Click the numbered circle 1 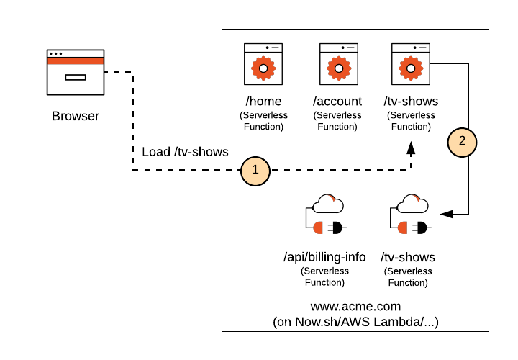pyautogui.click(x=255, y=171)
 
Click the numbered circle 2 pyautogui.click(x=462, y=141)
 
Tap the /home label pyautogui.click(x=263, y=102)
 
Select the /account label pyautogui.click(x=337, y=102)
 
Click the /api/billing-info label pyautogui.click(x=324, y=257)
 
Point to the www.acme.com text pyautogui.click(x=355, y=306)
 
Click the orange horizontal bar pyautogui.click(x=76, y=61)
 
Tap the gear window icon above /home pyautogui.click(x=263, y=64)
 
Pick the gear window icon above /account pyautogui.click(x=338, y=64)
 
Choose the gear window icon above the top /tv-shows pyautogui.click(x=410, y=64)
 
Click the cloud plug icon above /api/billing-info pyautogui.click(x=325, y=215)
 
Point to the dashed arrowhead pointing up pyautogui.click(x=411, y=149)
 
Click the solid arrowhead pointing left pyautogui.click(x=447, y=214)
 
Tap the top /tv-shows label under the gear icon pyautogui.click(x=411, y=102)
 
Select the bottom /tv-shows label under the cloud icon pyautogui.click(x=408, y=257)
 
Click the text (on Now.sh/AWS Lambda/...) pyautogui.click(x=355, y=322)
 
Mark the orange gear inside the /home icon pyautogui.click(x=263, y=68)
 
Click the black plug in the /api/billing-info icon pyautogui.click(x=335, y=228)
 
